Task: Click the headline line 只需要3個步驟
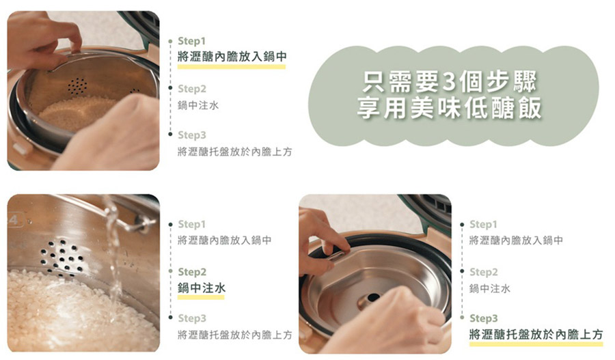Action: coord(449,81)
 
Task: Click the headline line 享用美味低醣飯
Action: coord(449,107)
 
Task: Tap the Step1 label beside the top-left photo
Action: coord(191,41)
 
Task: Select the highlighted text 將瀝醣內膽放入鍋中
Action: coord(232,57)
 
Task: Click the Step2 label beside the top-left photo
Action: coord(192,89)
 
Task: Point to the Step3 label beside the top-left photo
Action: coord(192,135)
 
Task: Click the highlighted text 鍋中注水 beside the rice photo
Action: coord(201,288)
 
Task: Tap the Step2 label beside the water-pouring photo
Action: coord(192,272)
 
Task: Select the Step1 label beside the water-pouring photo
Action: coord(192,224)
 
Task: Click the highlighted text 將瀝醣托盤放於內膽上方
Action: coord(536,335)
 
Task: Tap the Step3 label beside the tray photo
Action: coord(484,318)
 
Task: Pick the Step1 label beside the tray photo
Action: coord(483,224)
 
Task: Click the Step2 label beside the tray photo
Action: coord(484,272)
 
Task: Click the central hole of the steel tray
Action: coord(372,297)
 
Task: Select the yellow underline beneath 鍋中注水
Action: coord(201,297)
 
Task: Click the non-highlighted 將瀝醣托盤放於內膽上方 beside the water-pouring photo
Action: coord(235,335)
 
